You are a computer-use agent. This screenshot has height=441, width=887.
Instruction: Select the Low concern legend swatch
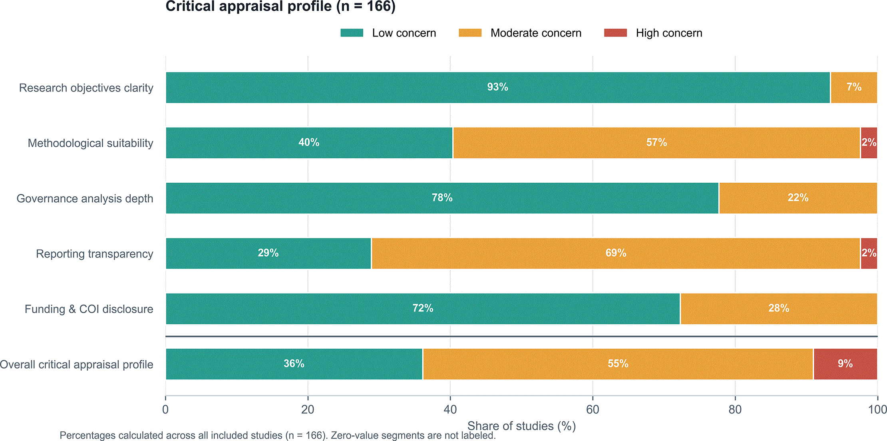(352, 33)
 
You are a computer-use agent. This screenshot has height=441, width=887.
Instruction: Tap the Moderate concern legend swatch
(470, 33)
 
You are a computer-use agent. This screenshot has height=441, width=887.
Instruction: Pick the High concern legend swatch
(616, 33)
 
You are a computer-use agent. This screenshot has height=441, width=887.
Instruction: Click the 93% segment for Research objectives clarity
(498, 88)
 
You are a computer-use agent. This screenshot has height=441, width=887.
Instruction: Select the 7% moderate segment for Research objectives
(854, 88)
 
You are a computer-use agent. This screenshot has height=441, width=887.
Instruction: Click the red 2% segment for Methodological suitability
(869, 143)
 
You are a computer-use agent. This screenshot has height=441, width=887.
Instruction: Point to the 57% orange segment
(656, 143)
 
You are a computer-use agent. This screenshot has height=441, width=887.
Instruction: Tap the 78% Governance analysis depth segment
(442, 198)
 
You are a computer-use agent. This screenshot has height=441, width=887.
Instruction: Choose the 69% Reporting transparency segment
(616, 253)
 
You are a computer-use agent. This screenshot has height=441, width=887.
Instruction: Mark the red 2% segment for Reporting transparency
(869, 253)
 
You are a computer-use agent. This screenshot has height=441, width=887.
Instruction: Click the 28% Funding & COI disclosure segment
(779, 309)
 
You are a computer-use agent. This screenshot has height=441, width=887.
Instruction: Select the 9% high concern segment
(845, 364)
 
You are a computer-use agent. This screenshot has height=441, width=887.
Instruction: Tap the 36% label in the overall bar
(294, 363)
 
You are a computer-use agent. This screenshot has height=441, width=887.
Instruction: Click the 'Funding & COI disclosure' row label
(89, 309)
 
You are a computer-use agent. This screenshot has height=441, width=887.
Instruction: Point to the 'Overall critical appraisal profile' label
(76, 365)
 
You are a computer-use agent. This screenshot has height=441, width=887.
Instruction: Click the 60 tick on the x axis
(593, 409)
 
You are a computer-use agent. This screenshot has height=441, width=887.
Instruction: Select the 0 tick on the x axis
(165, 409)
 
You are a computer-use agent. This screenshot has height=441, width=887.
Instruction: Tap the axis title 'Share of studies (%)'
(521, 426)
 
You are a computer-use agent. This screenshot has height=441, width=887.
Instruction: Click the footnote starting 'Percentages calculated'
(278, 435)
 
